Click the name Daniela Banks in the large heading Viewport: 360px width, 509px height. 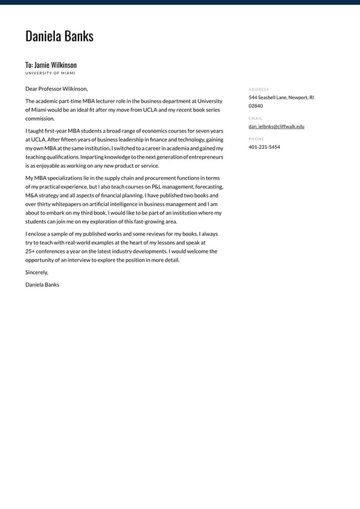coord(59,36)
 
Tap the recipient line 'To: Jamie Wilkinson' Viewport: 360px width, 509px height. coord(51,65)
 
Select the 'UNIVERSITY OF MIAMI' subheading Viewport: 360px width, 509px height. coord(51,73)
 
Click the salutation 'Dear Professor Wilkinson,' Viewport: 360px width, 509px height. coord(57,89)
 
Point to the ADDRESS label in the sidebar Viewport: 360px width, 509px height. coord(259,89)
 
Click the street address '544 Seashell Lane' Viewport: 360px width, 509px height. coord(268,97)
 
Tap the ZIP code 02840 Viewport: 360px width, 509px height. coord(255,106)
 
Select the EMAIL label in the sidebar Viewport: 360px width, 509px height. coord(255,118)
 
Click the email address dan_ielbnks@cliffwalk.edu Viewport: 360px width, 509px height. coord(276,126)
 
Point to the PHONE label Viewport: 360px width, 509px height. coord(256,139)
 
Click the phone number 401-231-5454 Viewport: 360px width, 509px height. coord(264,147)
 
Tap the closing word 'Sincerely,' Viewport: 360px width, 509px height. coord(36,272)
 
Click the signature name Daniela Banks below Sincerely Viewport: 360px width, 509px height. coord(42,284)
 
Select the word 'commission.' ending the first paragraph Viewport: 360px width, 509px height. coord(40,118)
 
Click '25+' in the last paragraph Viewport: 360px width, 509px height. coord(30,252)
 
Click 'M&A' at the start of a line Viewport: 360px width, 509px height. coord(33,196)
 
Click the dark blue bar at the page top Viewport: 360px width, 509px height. coord(180,2)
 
